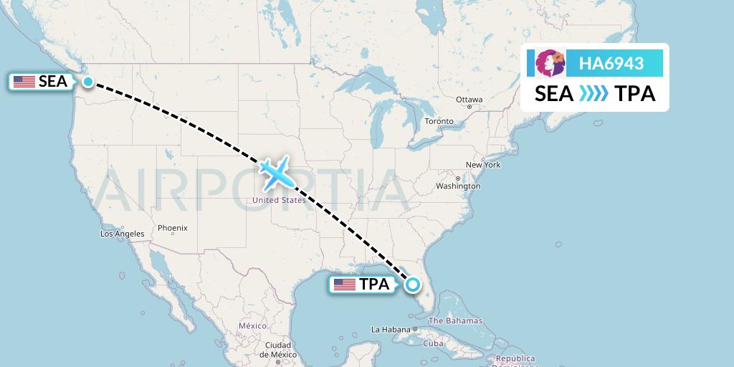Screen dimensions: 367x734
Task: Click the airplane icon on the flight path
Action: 275,172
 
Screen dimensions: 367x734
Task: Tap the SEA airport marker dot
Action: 87,82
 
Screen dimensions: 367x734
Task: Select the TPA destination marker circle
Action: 413,285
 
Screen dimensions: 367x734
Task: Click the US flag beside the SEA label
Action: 24,82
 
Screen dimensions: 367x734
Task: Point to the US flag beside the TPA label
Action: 345,285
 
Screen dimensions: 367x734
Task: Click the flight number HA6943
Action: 611,64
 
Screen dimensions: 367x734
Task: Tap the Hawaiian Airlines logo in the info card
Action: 550,63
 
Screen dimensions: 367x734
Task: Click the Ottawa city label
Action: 469,100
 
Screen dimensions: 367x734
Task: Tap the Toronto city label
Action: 439,121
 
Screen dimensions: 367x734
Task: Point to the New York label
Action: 482,165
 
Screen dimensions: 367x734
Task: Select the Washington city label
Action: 458,186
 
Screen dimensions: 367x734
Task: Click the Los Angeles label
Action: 122,234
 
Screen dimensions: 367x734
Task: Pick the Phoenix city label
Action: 172,228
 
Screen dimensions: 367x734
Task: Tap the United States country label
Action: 279,201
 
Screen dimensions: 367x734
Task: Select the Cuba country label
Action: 433,343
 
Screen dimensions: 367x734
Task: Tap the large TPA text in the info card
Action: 635,93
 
